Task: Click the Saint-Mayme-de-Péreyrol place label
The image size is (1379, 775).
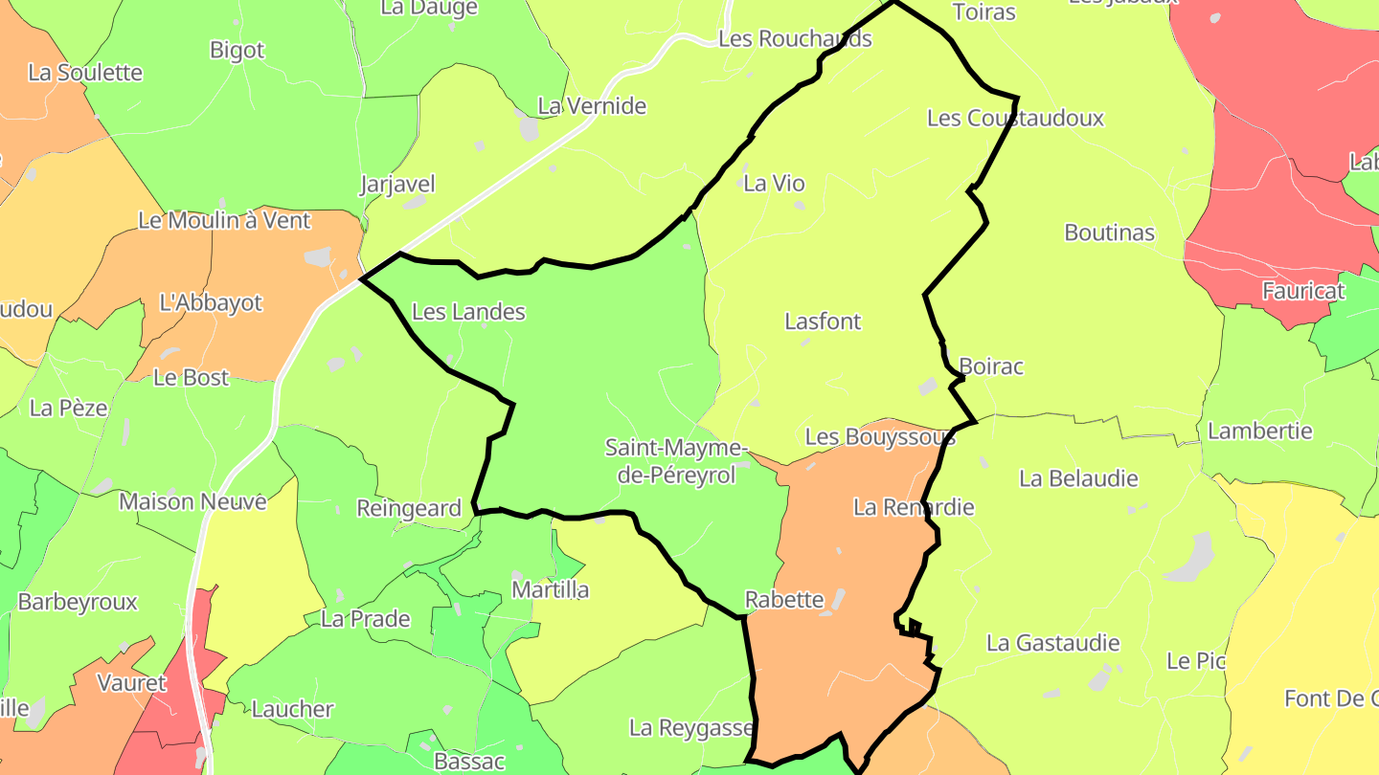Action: click(675, 461)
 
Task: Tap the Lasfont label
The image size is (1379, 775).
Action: click(823, 321)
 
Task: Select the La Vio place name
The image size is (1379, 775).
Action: click(774, 184)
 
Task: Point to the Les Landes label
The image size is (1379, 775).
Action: click(468, 312)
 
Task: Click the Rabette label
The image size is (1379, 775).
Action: click(784, 600)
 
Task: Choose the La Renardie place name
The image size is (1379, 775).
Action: click(914, 507)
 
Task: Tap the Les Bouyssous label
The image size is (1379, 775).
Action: click(880, 437)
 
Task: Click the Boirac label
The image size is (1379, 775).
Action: click(991, 366)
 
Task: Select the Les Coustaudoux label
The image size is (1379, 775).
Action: click(1015, 119)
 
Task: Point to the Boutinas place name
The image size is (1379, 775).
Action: click(1109, 232)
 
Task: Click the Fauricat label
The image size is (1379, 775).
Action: click(1297, 291)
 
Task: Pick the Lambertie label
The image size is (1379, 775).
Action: click(1259, 431)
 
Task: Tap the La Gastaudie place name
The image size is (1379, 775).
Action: click(1052, 643)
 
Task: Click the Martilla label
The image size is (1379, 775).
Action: click(550, 589)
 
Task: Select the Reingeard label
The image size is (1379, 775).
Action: click(409, 508)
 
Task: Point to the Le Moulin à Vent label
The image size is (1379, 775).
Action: click(225, 220)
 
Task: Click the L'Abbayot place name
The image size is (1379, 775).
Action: click(211, 302)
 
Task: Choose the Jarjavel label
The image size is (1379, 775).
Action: click(397, 184)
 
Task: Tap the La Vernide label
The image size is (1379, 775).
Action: click(592, 106)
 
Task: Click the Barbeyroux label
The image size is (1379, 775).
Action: click(78, 602)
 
